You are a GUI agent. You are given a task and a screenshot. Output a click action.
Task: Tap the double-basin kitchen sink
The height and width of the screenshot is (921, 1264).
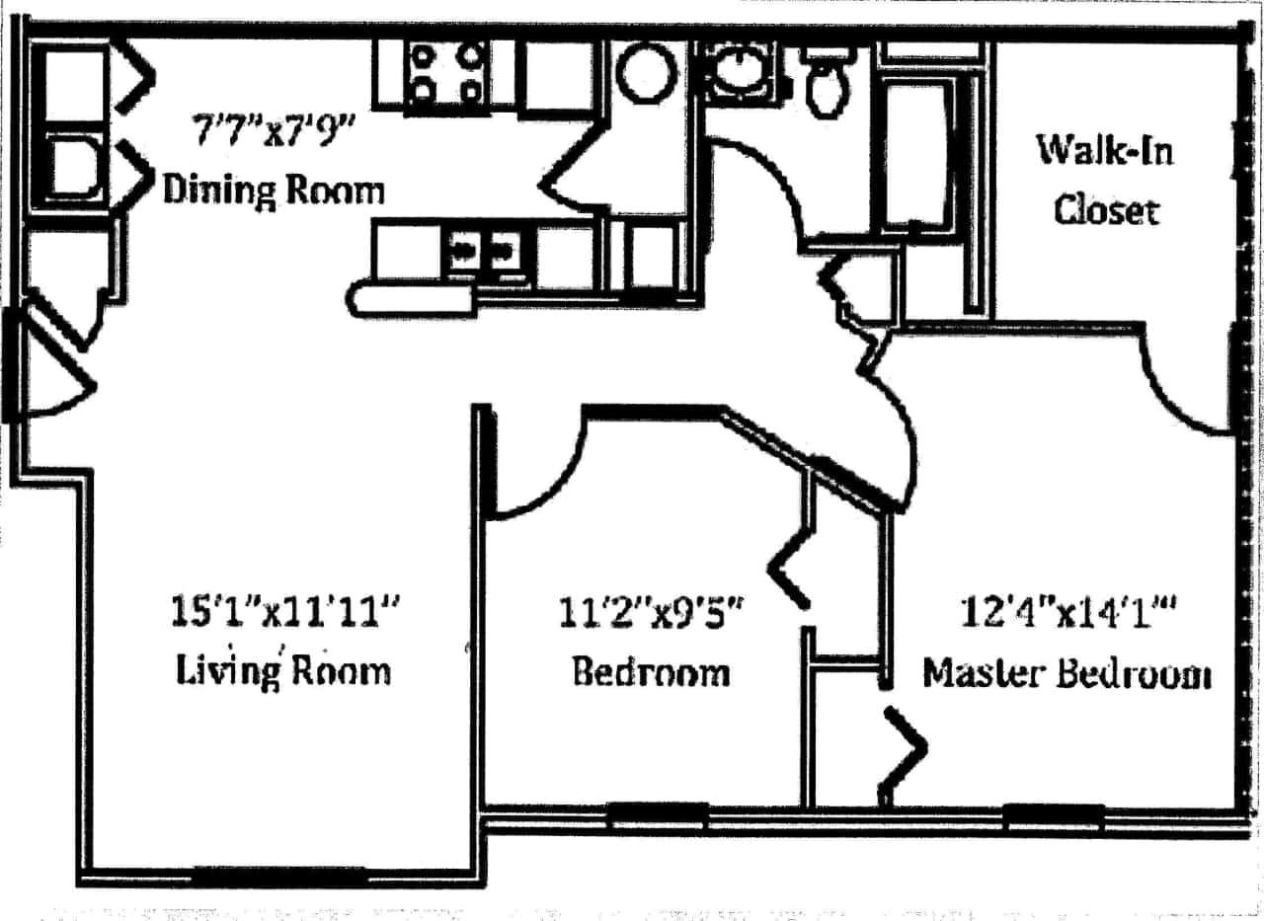pos(483,252)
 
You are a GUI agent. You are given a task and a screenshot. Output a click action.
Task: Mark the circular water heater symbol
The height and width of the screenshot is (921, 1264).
pos(647,72)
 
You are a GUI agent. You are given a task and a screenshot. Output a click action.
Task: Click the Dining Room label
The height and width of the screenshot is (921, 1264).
pos(273,189)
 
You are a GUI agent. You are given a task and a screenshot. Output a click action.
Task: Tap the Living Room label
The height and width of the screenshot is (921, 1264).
pos(283,670)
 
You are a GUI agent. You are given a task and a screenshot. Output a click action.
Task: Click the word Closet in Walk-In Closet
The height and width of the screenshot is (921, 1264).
pos(1105,210)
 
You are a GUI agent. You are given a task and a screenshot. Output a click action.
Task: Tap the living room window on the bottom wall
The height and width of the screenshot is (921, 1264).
pos(278,875)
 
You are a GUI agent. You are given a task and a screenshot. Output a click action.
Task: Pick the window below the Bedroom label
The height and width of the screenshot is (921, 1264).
pos(657,815)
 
